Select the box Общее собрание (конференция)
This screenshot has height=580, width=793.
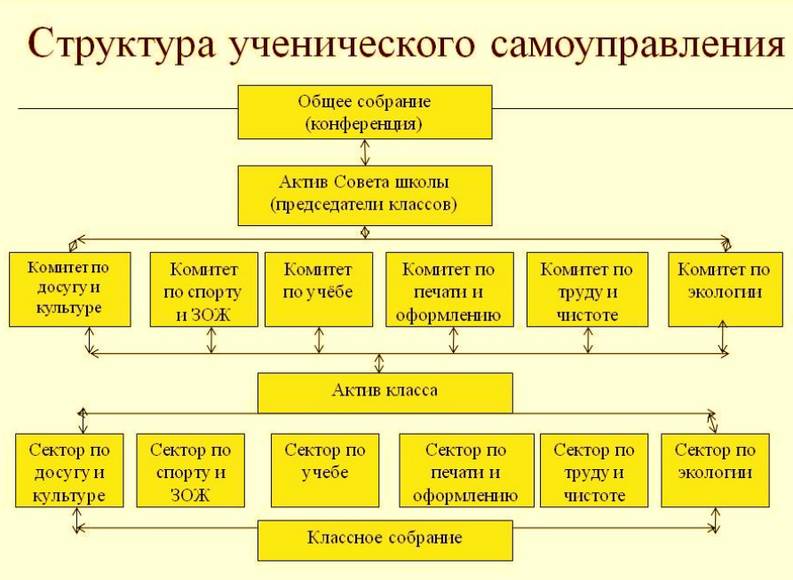pyautogui.click(x=364, y=112)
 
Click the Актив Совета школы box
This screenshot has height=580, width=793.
pyautogui.click(x=364, y=195)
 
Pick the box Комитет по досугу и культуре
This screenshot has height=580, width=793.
pyautogui.click(x=70, y=288)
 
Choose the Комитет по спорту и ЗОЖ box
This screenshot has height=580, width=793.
pyautogui.click(x=204, y=290)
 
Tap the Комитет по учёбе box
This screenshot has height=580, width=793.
pyautogui.click(x=317, y=290)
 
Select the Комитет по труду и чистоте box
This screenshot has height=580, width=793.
pyautogui.click(x=586, y=290)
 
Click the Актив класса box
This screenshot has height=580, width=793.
pyautogui.click(x=385, y=391)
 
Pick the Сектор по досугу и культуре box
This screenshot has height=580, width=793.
pyautogui.click(x=68, y=470)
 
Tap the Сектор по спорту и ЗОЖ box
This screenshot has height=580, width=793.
pyautogui.click(x=190, y=470)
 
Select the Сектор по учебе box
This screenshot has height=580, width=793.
pyautogui.click(x=324, y=470)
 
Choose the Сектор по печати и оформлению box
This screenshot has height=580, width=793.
pyautogui.click(x=466, y=470)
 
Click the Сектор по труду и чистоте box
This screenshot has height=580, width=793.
pyautogui.click(x=594, y=470)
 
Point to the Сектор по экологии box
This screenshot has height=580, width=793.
pyautogui.click(x=715, y=470)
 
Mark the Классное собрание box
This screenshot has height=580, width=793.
pyautogui.click(x=385, y=538)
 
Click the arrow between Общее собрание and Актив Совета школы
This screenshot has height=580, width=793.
pyautogui.click(x=364, y=153)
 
